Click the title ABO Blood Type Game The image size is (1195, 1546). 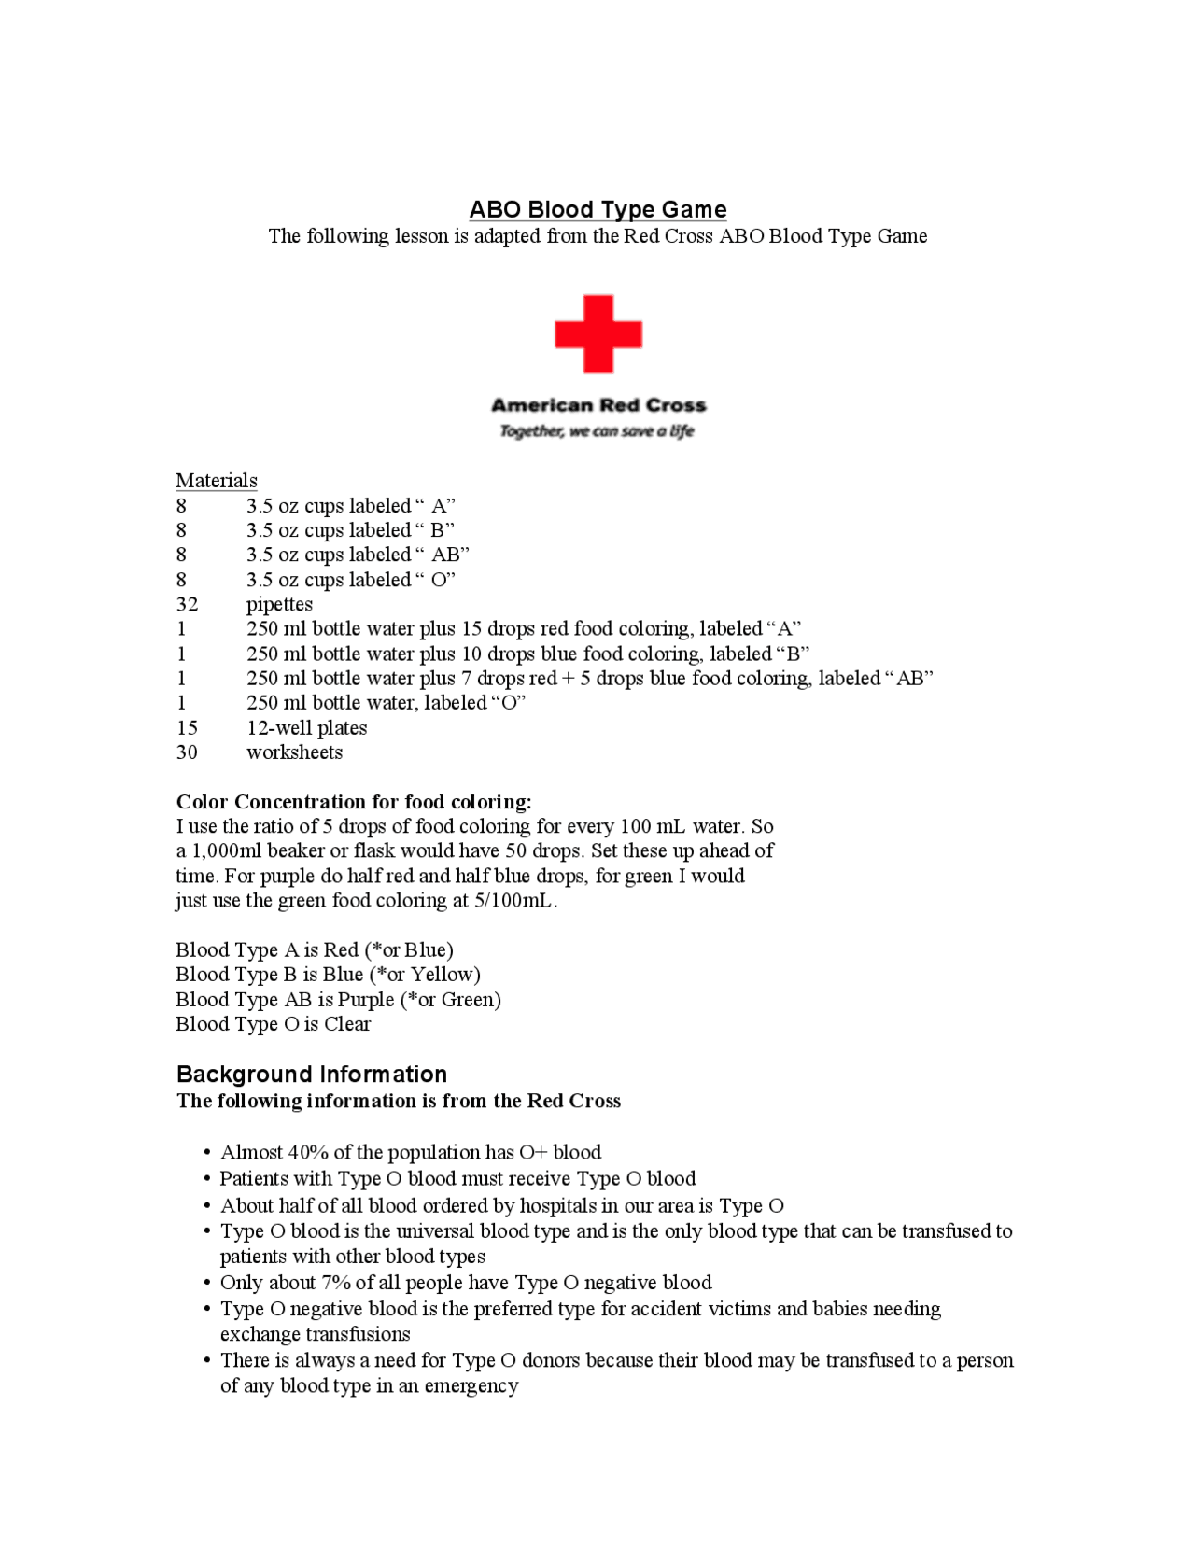click(597, 209)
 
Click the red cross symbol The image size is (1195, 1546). click(598, 333)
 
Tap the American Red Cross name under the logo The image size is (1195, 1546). click(598, 405)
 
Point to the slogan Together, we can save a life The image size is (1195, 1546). click(597, 430)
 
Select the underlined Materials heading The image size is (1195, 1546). click(217, 481)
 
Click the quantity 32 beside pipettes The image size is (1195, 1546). click(187, 604)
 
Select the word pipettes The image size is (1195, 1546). click(279, 604)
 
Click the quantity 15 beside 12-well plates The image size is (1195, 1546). click(187, 727)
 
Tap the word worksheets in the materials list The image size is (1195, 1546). click(294, 752)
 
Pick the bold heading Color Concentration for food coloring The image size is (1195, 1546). click(354, 802)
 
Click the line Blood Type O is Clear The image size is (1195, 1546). click(273, 1024)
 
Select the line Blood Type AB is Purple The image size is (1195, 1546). click(338, 1000)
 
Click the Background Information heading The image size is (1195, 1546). click(312, 1075)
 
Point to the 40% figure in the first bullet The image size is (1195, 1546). click(308, 1153)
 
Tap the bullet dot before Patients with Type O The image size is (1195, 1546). click(207, 1179)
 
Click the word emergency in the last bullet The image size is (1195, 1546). click(471, 1386)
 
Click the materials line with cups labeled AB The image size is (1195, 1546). click(358, 555)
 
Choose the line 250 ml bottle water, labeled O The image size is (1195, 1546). click(386, 703)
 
